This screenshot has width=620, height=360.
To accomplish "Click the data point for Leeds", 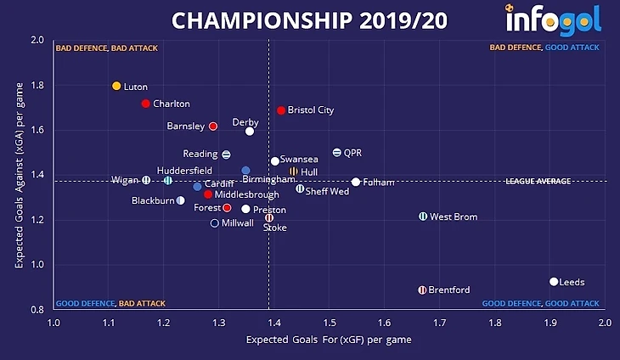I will (x=554, y=282).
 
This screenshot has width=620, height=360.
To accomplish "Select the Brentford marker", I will (x=422, y=290).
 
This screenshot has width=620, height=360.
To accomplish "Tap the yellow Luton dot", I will (x=116, y=86).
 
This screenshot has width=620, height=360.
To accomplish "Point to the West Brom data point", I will (x=423, y=217).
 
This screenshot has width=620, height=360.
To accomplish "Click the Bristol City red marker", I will (x=281, y=110).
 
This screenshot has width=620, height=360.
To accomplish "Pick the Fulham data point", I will (x=356, y=182).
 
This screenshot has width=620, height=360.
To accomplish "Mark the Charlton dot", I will (x=145, y=104).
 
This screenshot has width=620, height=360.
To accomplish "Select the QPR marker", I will (x=337, y=153).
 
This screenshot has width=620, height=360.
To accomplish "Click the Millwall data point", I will (x=215, y=223).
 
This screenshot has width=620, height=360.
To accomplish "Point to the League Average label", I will (x=538, y=181).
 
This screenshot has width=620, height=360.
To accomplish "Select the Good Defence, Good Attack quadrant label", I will (x=540, y=303).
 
